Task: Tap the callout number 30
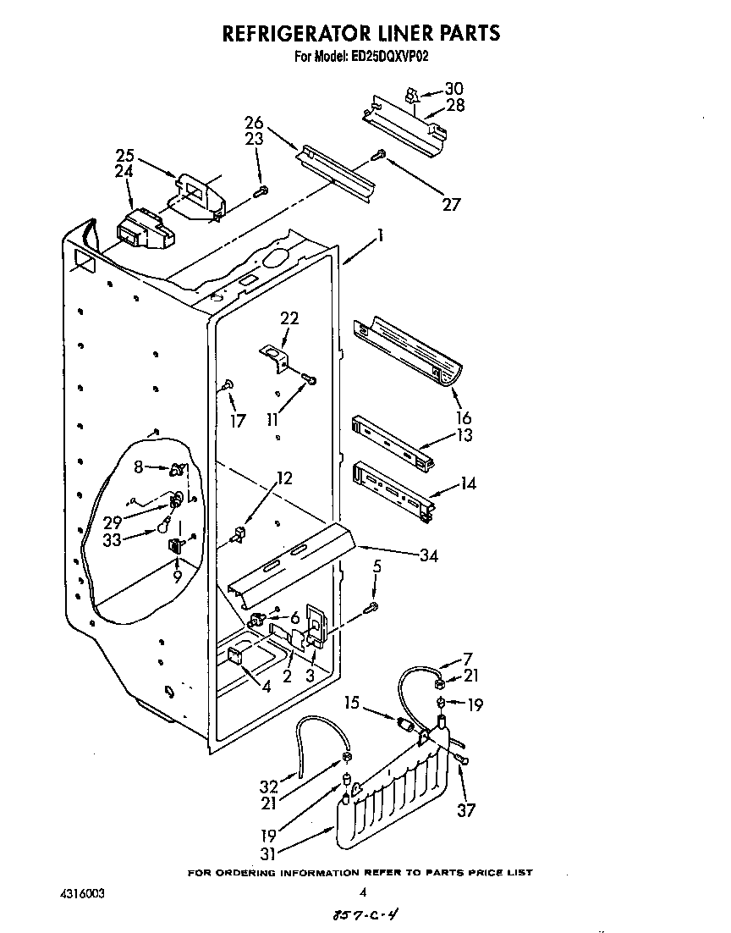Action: (454, 89)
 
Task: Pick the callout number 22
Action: (289, 318)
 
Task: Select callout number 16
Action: (463, 417)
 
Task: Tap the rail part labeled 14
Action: (393, 490)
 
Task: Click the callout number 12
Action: (284, 478)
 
